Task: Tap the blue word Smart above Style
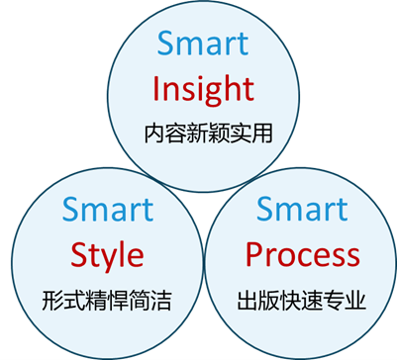pyautogui.click(x=108, y=210)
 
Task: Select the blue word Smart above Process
pyautogui.click(x=302, y=210)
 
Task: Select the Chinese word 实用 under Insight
pyautogui.click(x=245, y=131)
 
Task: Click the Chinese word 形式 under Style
pyautogui.click(x=64, y=299)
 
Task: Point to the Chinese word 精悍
pyautogui.click(x=107, y=299)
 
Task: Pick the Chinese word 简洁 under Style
pyautogui.click(x=149, y=299)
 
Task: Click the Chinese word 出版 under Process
pyautogui.click(x=260, y=299)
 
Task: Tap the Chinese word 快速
pyautogui.click(x=302, y=299)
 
